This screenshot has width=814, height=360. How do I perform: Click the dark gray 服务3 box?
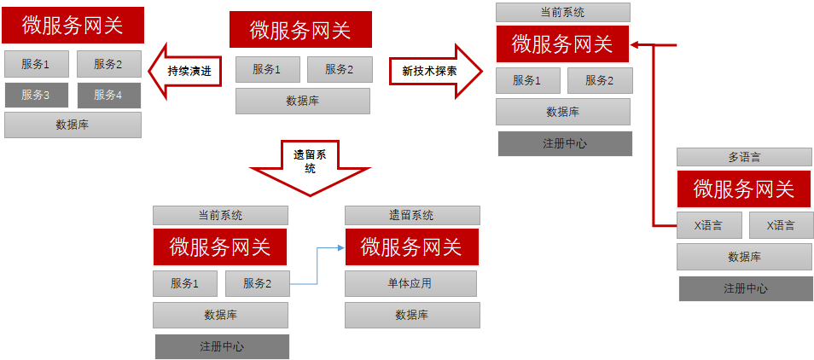[36, 95]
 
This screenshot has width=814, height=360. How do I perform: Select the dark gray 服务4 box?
[108, 95]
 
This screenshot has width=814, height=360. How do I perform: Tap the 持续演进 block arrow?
[186, 71]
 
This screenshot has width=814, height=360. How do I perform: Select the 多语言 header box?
[744, 157]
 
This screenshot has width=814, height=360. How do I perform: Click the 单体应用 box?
[410, 283]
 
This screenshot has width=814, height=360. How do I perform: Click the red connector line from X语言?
[654, 136]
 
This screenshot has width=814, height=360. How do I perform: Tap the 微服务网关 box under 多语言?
[744, 189]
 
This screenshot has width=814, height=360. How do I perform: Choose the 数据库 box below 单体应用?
[412, 315]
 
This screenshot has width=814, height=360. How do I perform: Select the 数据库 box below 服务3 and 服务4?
[73, 125]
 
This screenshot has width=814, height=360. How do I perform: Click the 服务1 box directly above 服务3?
[36, 64]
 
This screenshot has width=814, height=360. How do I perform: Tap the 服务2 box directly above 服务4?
[108, 64]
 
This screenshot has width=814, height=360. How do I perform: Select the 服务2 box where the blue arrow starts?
[257, 283]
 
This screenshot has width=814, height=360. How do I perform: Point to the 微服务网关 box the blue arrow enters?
[411, 247]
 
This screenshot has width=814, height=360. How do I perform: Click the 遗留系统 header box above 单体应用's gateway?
[412, 215]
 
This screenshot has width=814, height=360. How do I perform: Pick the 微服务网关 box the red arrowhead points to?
[562, 44]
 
